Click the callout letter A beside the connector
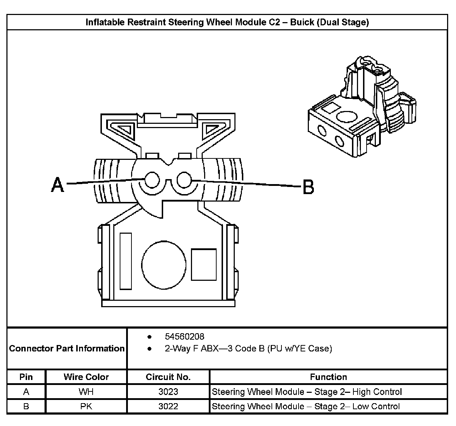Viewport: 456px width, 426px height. tap(57, 185)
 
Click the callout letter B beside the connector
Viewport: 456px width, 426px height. tap(309, 187)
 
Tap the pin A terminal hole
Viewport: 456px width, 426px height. tap(152, 180)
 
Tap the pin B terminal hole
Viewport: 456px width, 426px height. tap(184, 180)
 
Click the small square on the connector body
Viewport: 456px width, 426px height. tap(204, 264)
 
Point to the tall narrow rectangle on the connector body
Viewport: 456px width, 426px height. tap(126, 261)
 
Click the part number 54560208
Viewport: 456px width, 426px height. tap(185, 336)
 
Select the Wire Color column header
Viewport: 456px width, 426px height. tap(86, 377)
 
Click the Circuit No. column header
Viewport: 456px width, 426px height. tap(168, 377)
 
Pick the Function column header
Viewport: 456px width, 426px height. tap(328, 377)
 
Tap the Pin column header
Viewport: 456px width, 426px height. tap(26, 377)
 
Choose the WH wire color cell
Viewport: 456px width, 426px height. tap(86, 392)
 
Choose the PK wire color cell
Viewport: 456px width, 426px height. tap(86, 406)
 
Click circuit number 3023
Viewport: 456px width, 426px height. tap(168, 392)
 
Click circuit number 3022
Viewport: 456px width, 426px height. tap(168, 406)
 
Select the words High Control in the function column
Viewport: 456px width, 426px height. tap(377, 392)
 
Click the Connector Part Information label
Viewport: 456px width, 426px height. tap(67, 348)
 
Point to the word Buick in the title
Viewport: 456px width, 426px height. tap(302, 22)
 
